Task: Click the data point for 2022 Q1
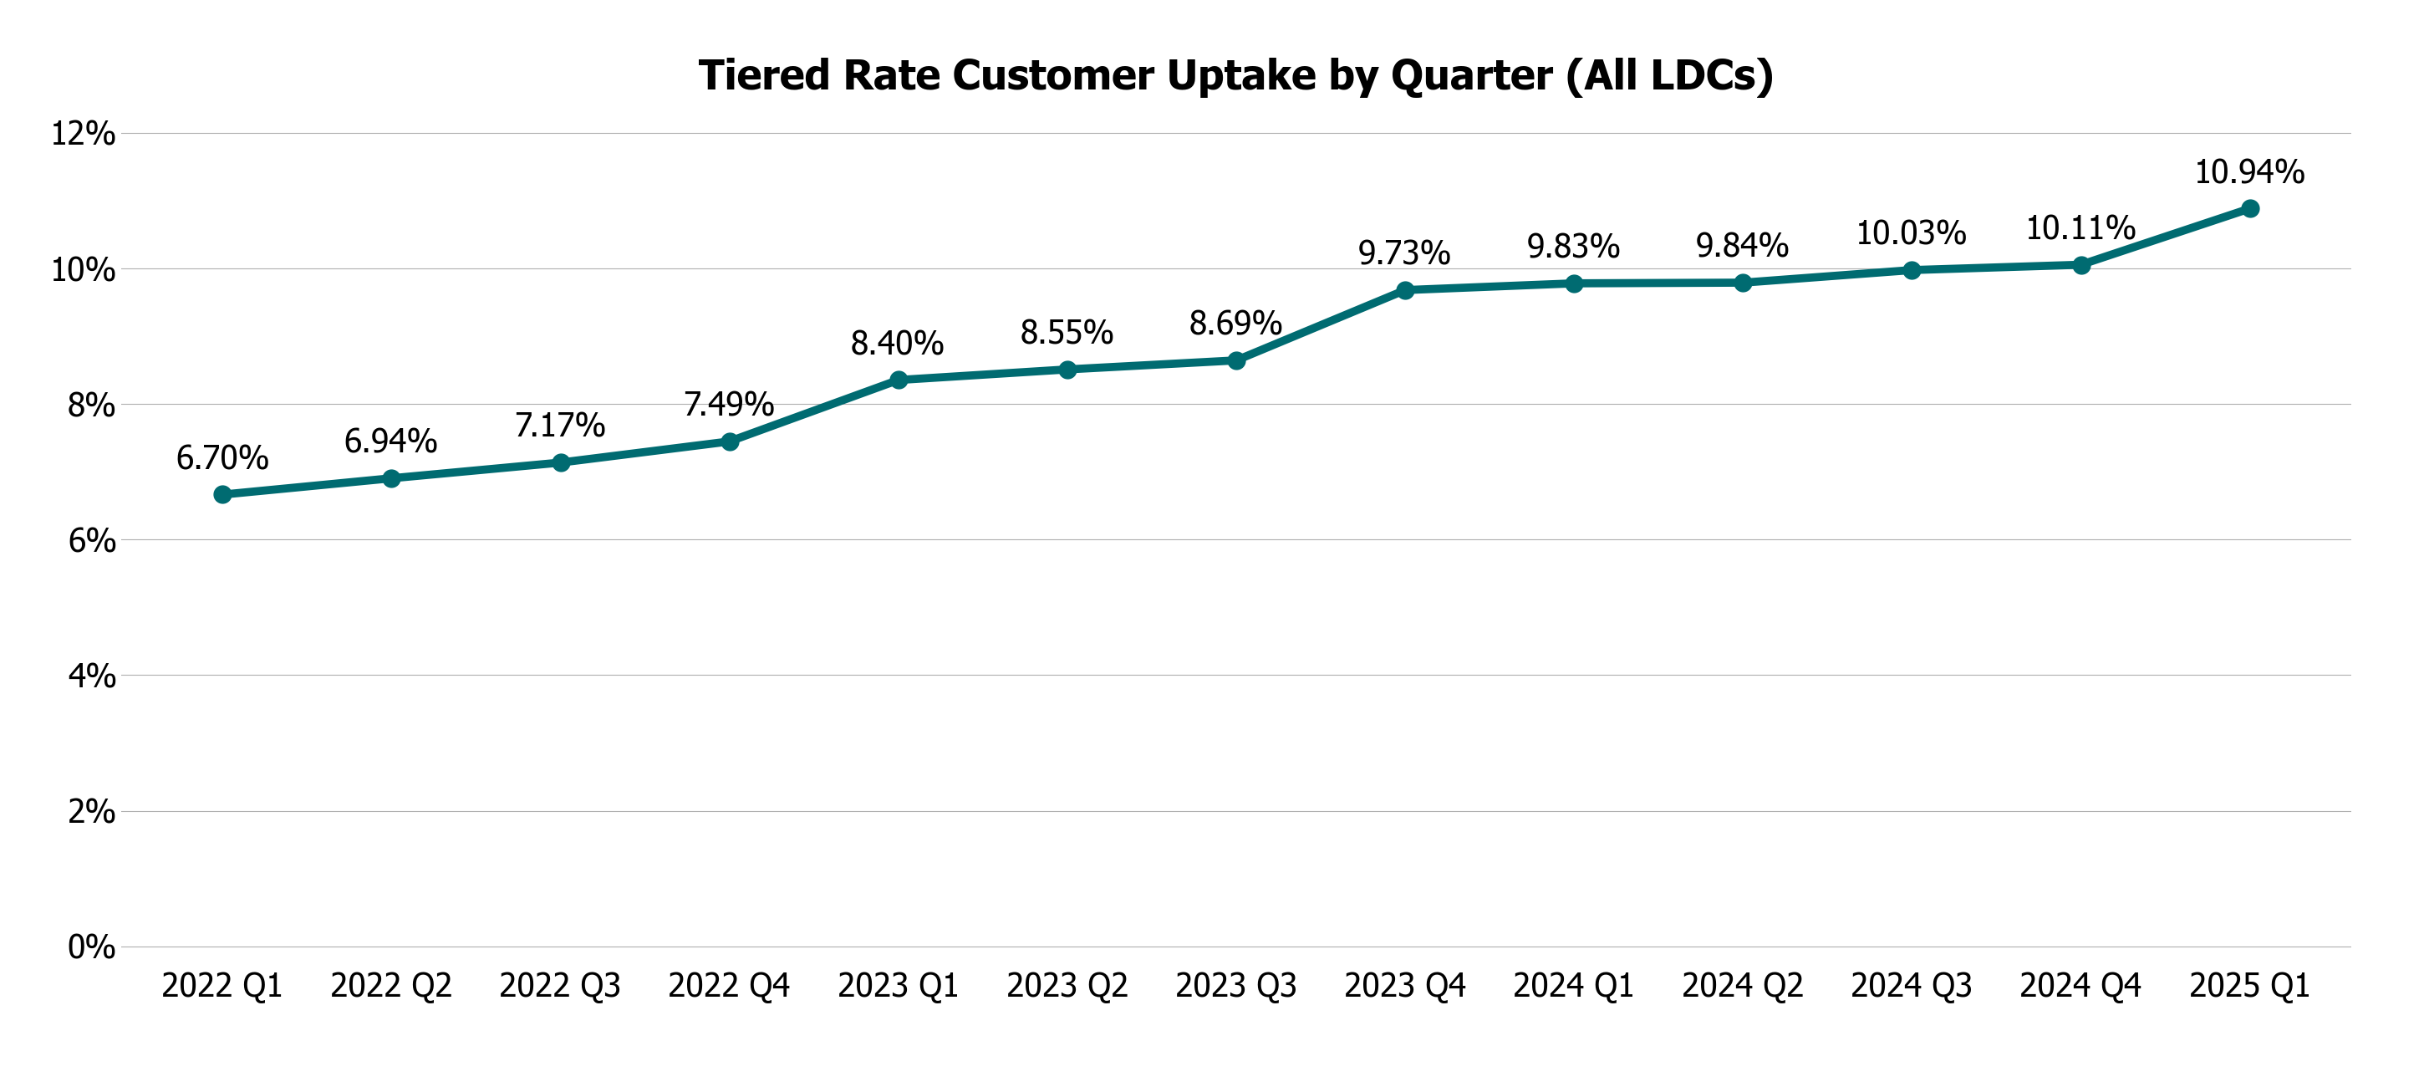coord(222,494)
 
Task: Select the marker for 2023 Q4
coord(1405,290)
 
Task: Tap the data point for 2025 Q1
coord(2250,208)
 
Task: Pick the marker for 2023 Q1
coord(899,380)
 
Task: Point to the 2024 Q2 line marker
coord(1743,283)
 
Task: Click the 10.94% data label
coord(2249,172)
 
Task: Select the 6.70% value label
coord(222,458)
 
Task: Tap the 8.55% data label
coord(1067,332)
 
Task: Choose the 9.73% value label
coord(1404,253)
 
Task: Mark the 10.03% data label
coord(1910,233)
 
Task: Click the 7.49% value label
coord(728,405)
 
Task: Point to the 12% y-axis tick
coord(84,134)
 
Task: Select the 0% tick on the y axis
coord(91,947)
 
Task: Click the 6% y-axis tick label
coord(91,540)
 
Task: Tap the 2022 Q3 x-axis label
coord(560,985)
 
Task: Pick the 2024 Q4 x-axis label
coord(2080,985)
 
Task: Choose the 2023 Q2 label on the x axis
coord(1067,985)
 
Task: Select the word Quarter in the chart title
coord(1471,75)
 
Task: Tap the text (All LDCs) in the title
coord(1669,75)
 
